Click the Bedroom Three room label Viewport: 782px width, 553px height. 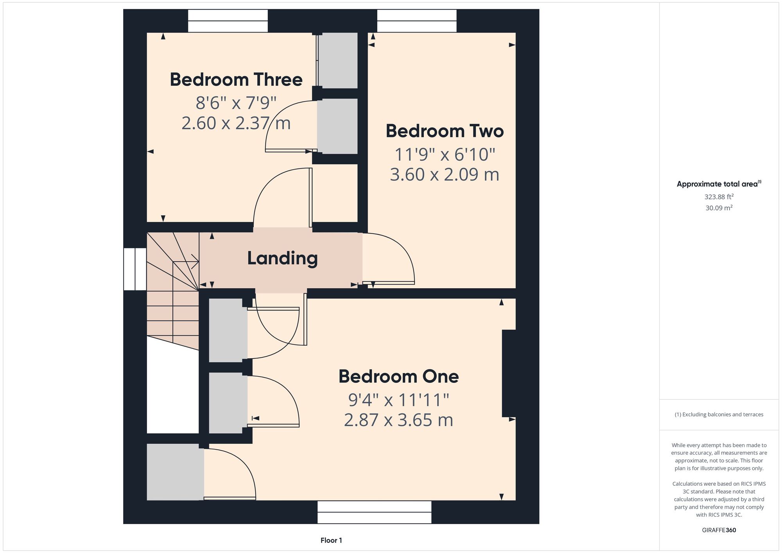(236, 79)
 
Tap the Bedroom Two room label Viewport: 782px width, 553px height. (445, 131)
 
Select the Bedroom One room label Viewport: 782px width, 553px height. (398, 376)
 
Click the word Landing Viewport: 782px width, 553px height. (282, 259)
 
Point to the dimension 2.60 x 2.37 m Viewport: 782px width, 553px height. (236, 123)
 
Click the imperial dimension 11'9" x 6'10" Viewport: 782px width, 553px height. (445, 154)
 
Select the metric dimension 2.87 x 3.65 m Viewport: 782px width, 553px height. (398, 420)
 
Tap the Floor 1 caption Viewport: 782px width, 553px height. (331, 540)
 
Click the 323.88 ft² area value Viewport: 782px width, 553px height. (719, 197)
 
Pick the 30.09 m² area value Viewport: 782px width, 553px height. (719, 208)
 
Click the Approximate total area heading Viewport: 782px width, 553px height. (719, 184)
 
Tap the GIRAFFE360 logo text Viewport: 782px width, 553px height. (719, 530)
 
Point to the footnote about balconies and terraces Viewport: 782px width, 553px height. (719, 415)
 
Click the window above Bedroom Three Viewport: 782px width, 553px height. (228, 21)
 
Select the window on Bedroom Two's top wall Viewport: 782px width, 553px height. (417, 21)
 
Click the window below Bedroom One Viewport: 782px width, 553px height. (374, 512)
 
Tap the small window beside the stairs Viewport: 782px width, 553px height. (135, 269)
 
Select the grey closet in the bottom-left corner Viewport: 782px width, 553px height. (175, 472)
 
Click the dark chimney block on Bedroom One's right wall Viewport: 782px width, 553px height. (509, 373)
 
